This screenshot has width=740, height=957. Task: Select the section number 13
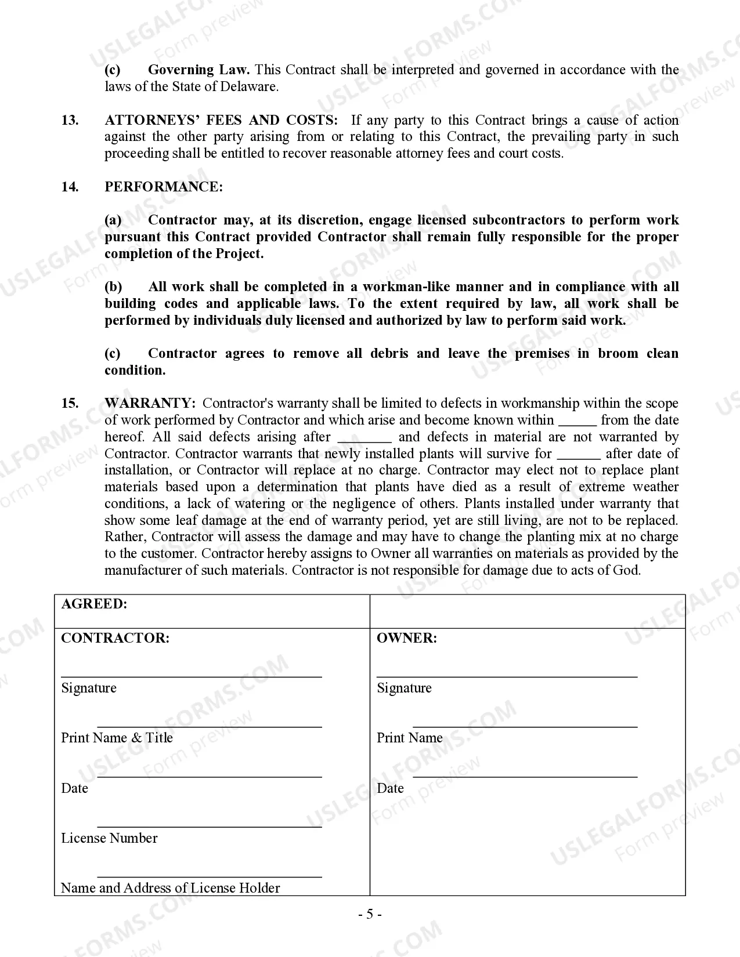point(70,120)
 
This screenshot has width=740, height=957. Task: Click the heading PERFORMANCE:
point(163,187)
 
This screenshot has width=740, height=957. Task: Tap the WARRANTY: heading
point(150,403)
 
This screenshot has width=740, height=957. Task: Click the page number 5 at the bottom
point(369,915)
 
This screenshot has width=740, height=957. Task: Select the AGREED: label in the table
point(94,604)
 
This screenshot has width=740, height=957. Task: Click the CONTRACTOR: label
point(115,638)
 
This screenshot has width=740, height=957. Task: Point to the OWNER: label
point(406,638)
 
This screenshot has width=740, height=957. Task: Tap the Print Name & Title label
point(117,738)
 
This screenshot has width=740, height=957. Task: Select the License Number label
point(109,838)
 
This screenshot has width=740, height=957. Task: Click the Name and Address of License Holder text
point(170,888)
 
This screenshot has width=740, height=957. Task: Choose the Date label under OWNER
point(390,788)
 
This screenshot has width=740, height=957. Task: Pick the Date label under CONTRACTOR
point(74,788)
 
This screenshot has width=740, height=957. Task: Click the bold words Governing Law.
point(198,70)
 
